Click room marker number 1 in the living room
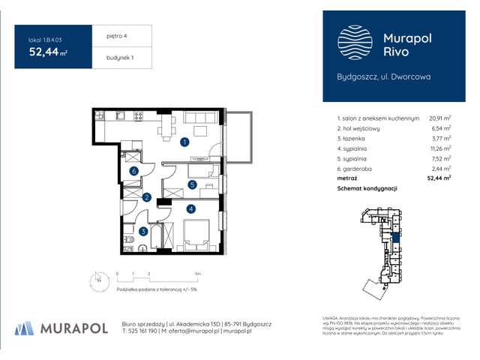tap(184, 141)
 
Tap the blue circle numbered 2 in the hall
tap(147, 198)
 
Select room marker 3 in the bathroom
tap(143, 232)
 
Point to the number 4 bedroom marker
tap(191, 208)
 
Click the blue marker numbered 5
tap(192, 184)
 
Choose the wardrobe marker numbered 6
tap(133, 171)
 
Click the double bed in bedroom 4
tap(196, 235)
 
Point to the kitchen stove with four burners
tap(138, 116)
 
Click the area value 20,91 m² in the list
tap(439, 118)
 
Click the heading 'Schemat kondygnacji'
tap(367, 188)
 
